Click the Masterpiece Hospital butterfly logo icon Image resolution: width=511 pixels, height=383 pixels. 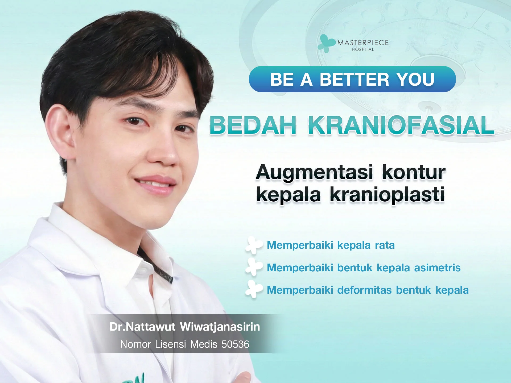(326, 43)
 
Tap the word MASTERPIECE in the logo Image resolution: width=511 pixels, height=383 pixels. (363, 43)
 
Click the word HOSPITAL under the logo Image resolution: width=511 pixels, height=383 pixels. (363, 49)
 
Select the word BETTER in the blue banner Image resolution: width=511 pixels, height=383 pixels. (355, 80)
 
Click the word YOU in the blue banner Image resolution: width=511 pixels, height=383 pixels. (415, 80)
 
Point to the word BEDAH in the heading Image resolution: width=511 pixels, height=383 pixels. (253, 125)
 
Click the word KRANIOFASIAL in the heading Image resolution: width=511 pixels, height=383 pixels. (401, 125)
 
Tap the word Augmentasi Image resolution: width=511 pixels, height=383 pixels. (314, 172)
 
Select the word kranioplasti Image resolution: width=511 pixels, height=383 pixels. (387, 195)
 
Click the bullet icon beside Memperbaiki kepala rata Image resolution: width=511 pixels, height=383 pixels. (254, 245)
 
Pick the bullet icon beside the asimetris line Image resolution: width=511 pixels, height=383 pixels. (254, 267)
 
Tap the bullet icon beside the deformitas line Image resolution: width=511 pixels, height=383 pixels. (254, 290)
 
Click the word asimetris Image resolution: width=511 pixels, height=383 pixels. (437, 268)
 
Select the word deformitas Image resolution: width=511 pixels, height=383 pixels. (364, 290)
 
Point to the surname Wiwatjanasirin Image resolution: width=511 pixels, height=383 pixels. (220, 327)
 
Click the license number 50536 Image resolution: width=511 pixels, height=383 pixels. (235, 344)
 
